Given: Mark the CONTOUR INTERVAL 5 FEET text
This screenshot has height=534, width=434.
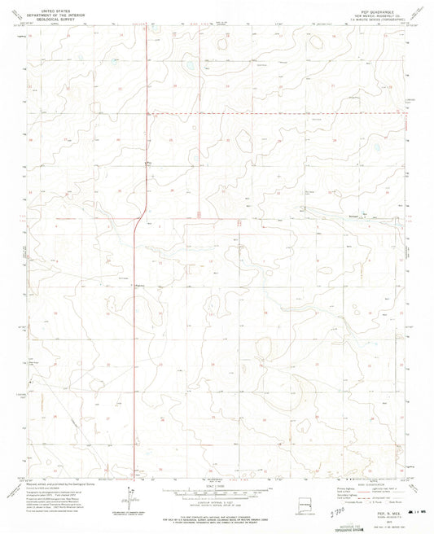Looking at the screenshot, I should tap(215, 498).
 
